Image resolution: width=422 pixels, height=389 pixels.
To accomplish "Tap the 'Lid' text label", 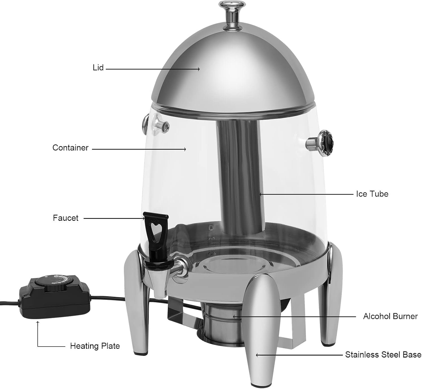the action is tap(98, 68).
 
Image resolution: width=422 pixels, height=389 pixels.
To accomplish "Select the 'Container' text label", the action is tap(70, 148).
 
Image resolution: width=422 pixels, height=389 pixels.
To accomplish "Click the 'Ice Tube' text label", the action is tap(372, 194).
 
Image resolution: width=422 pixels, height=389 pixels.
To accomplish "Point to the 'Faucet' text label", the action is tap(66, 218).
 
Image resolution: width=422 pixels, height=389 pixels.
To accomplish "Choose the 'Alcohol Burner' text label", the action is tap(390, 316).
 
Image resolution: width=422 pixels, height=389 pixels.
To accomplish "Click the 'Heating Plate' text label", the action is tap(95, 346).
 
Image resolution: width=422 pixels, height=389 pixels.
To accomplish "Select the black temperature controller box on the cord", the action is tap(55, 299).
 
